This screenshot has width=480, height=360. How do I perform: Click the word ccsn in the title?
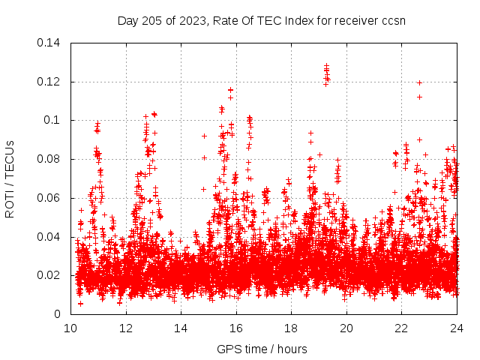click(393, 20)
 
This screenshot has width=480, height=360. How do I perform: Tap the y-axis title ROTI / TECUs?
click(10, 178)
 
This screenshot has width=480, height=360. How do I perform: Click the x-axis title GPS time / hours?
click(262, 349)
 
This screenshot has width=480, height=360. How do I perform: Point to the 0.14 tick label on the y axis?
click(50, 42)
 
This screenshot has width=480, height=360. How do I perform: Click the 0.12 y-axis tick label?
click(50, 81)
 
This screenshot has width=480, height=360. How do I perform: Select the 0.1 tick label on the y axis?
click(54, 120)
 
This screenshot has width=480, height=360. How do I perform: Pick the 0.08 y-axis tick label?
click(50, 159)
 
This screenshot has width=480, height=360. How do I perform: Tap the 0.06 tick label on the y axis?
click(50, 198)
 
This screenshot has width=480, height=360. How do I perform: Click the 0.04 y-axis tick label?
click(50, 237)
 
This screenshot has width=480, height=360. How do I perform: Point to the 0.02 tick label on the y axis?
click(50, 275)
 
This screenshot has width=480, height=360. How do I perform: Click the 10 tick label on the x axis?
click(70, 328)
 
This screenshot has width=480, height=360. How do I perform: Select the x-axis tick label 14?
click(181, 328)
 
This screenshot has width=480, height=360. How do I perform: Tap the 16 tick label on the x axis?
click(236, 328)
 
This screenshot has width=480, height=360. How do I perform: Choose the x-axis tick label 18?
click(291, 328)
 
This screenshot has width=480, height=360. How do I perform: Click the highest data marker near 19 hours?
click(326, 66)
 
